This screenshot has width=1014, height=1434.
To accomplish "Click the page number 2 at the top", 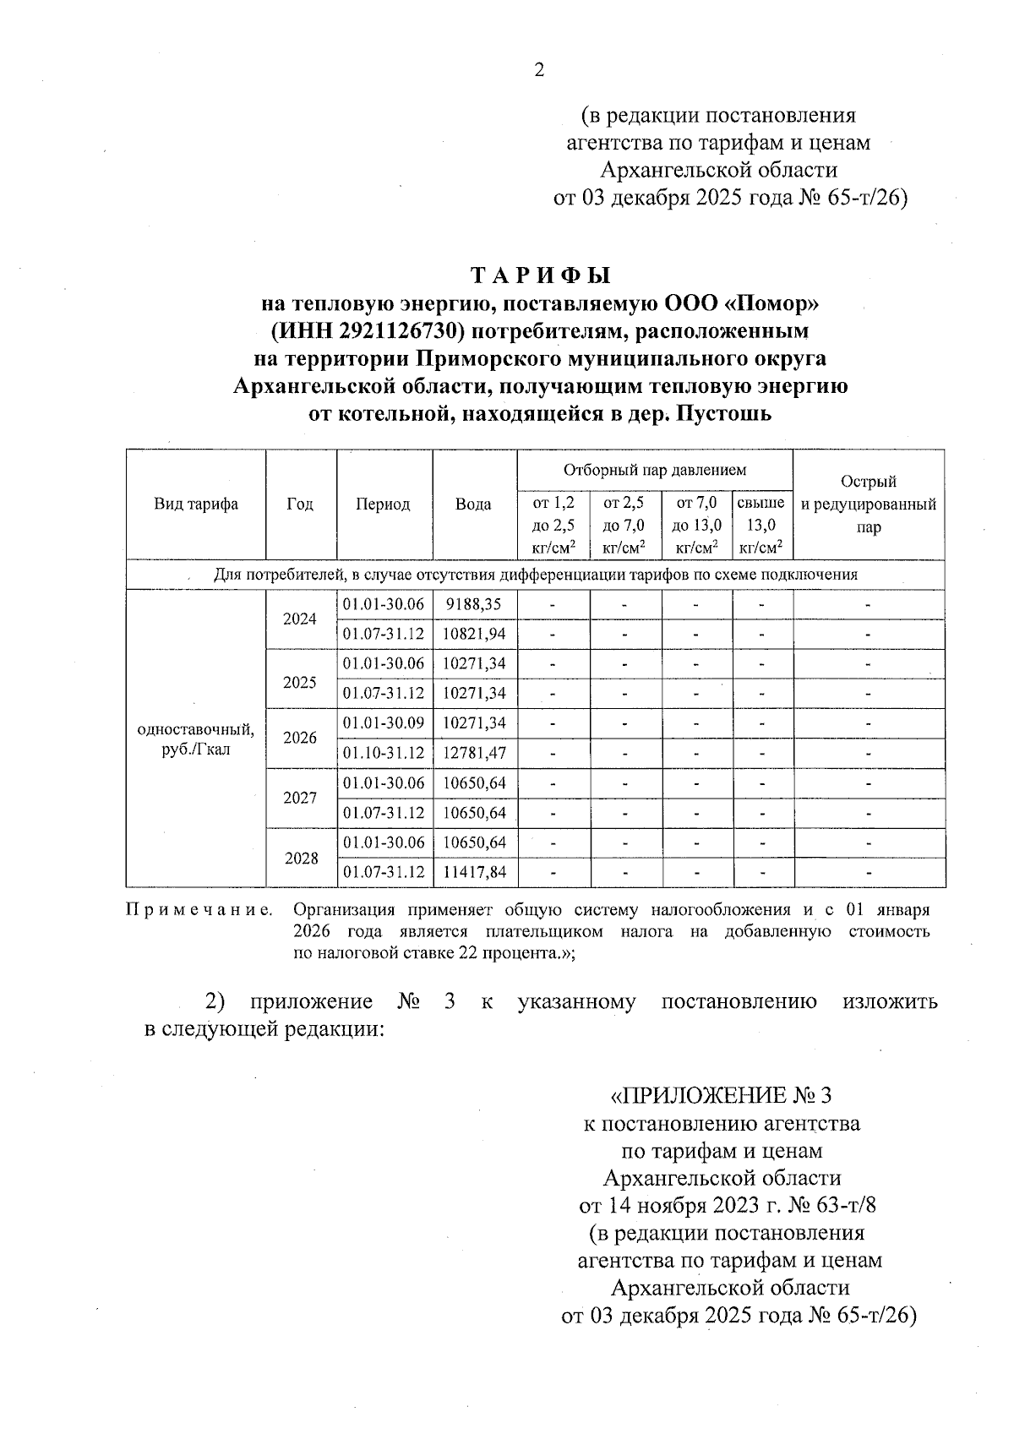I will [539, 71].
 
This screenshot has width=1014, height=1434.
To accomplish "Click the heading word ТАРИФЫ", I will [540, 276].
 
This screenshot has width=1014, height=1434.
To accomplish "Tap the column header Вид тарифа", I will [196, 504].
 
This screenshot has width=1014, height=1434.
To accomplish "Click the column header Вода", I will [473, 504].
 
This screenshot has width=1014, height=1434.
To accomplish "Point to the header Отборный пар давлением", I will [655, 470].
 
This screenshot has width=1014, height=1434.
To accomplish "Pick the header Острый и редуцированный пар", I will [869, 504].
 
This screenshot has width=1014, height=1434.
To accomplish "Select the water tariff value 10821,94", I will [474, 634].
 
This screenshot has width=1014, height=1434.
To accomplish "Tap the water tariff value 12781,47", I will [474, 753].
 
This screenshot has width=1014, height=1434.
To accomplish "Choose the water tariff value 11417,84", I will [474, 872].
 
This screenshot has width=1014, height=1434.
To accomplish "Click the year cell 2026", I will [300, 738].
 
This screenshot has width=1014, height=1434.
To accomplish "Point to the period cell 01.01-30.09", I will [384, 723].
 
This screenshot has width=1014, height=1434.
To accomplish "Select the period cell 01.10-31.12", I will [384, 753].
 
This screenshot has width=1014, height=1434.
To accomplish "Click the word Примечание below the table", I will [199, 911].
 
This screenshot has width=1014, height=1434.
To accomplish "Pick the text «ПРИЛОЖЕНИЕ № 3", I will [721, 1096].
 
